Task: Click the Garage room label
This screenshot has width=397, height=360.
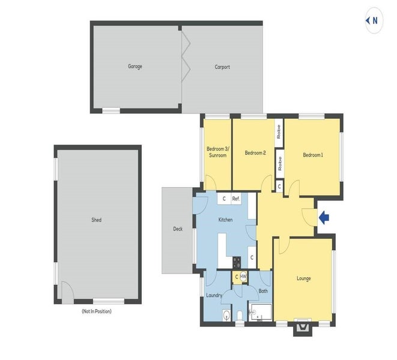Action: [x=135, y=67]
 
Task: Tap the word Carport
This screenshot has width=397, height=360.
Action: [x=222, y=67]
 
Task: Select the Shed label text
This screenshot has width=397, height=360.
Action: [x=97, y=220]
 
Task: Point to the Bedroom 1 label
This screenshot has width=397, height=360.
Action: [x=312, y=155]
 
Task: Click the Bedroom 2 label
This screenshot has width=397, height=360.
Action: [x=255, y=153]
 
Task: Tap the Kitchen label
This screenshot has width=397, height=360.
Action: [x=225, y=220]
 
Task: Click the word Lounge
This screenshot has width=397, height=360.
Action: [x=303, y=278]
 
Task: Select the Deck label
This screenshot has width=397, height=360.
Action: [x=178, y=229]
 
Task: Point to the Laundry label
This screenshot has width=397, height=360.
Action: [x=214, y=295]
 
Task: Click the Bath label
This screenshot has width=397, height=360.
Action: [x=263, y=292]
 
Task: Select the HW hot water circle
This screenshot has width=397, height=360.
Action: [x=244, y=277]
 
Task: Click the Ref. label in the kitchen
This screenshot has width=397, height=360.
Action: [x=236, y=199]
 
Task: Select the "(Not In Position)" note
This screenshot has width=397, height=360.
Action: [x=97, y=311]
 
